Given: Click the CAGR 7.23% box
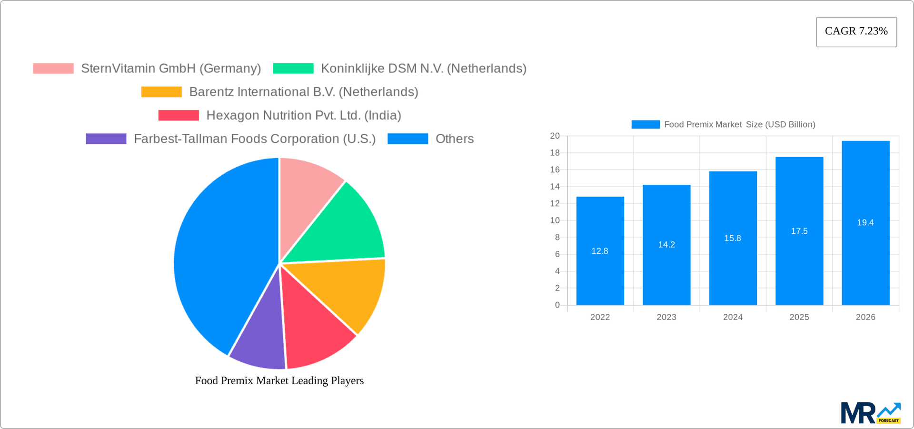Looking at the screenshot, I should [x=856, y=31].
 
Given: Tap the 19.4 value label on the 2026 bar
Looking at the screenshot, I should [x=865, y=222].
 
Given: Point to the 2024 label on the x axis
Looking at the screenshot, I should [x=733, y=317].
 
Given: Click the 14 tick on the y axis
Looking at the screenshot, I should [x=555, y=187].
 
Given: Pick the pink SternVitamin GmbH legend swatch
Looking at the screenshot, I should [x=53, y=69].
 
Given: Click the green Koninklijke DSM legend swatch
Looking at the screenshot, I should [x=293, y=69].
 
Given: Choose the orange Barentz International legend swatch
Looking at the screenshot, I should [x=161, y=92].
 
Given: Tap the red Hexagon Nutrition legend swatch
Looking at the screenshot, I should [x=179, y=115].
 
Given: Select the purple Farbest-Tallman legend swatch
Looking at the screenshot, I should [x=106, y=139].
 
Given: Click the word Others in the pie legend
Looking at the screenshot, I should [x=454, y=139].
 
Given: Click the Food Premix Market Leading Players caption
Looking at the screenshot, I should [x=279, y=380].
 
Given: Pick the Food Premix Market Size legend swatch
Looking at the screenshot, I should [x=645, y=124].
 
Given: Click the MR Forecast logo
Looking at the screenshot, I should [x=870, y=413].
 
